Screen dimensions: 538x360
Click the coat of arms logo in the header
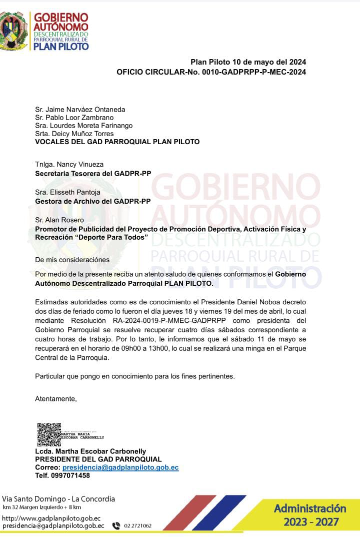point(13,31)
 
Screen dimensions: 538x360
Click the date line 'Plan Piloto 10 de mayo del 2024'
point(248,62)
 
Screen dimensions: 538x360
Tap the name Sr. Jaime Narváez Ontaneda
point(80,110)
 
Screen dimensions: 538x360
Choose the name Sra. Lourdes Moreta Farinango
point(83,126)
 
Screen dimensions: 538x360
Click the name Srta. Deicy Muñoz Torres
point(74,134)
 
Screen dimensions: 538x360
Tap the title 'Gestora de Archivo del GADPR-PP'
point(92,201)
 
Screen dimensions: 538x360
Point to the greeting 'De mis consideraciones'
point(72,260)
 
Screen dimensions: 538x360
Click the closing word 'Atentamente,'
point(56,399)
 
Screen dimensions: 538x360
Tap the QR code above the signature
point(49,434)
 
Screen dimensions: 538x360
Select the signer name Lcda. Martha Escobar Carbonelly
point(90,451)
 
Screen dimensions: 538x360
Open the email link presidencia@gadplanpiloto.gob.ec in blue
point(120,467)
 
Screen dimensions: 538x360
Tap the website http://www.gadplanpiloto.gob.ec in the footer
point(51,518)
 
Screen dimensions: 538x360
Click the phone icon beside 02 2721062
point(116,525)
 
